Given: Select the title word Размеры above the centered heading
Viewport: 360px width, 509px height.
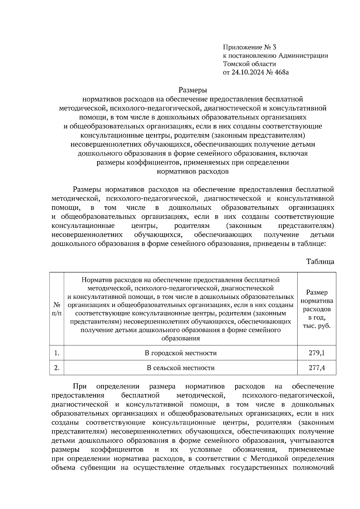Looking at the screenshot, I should point(193,90).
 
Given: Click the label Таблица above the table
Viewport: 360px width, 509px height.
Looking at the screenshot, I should point(320,261).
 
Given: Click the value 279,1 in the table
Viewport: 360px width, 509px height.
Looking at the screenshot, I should point(316,353).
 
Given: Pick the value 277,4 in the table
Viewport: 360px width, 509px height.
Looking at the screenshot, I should point(316,368).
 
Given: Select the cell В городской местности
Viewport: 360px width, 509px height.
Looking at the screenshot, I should point(181,353).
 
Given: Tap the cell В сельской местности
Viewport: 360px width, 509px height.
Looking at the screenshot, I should point(181,368).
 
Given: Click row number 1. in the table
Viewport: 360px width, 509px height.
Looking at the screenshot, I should point(57,353).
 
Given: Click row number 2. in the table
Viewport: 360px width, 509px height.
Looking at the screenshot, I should point(57,368).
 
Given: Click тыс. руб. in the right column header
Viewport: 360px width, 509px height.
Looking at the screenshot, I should point(316,326).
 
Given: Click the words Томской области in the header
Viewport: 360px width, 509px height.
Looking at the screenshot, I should point(249,64).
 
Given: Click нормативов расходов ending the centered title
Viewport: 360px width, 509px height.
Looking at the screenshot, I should point(193,172).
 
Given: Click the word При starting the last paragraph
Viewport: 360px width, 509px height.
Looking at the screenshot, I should point(80,386).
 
